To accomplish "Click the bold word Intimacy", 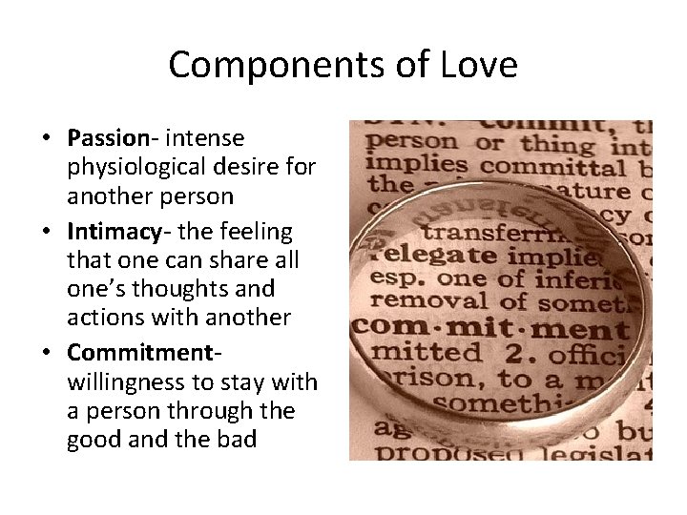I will pyautogui.click(x=113, y=232).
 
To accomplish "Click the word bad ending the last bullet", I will pyautogui.click(x=238, y=441).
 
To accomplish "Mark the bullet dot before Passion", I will pyautogui.click(x=45, y=139).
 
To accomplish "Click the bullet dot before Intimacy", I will pyautogui.click(x=45, y=233).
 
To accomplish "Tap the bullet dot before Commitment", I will pyautogui.click(x=45, y=352).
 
